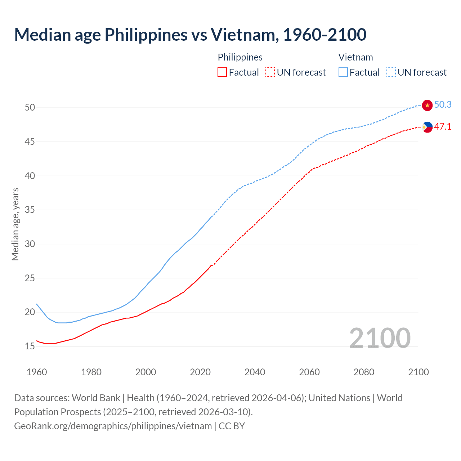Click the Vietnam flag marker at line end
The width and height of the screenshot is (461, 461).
[x=427, y=105]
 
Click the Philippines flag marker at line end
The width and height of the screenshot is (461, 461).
[x=427, y=127]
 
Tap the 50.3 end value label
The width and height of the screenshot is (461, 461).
[x=443, y=104]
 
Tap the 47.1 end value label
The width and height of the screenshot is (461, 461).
[x=443, y=126]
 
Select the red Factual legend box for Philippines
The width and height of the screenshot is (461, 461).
[x=222, y=72]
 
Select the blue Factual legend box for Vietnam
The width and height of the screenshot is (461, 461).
[x=343, y=72]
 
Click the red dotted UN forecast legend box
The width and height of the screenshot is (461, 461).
[x=270, y=72]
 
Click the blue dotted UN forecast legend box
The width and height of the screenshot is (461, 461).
[x=391, y=72]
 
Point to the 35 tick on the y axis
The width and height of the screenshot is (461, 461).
[x=30, y=210]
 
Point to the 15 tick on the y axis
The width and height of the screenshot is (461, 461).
[x=30, y=346]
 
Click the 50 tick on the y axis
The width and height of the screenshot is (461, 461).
[x=30, y=108]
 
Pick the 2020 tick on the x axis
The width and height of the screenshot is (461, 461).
[x=200, y=372]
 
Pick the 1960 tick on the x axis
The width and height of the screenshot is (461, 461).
[x=37, y=372]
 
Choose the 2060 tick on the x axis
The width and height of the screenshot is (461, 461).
[x=309, y=372]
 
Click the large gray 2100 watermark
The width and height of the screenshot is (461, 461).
[x=380, y=338]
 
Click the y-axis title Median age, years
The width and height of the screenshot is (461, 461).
[x=15, y=224]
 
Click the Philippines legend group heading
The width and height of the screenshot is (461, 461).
[x=240, y=57]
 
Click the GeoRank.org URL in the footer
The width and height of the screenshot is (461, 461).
[x=113, y=426]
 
